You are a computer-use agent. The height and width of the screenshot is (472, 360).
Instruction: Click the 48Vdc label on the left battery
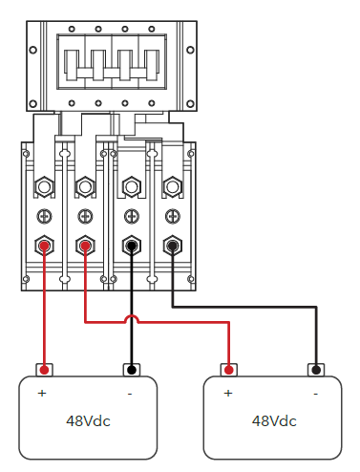pos(88,421)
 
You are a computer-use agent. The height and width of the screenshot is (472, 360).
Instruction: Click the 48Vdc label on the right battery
pos(274,421)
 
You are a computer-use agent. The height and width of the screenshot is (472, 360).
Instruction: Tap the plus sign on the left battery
pos(42,394)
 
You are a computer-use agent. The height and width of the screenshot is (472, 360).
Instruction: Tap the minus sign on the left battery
pos(130,395)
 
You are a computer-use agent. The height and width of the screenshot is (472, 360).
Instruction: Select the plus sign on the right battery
pos(228,394)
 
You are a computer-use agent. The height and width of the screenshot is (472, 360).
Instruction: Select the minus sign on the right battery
pos(316,395)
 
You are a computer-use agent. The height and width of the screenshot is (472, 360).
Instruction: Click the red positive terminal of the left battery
pos(45,370)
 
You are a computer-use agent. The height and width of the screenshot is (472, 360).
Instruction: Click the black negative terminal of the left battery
pos(132,370)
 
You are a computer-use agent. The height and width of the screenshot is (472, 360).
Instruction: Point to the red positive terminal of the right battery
pos(229,370)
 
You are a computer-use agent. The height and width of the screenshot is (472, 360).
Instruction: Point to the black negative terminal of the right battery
pos(316,370)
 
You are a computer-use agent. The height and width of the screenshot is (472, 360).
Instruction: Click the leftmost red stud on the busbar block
pos(44,246)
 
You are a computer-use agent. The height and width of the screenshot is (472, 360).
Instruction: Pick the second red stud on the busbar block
pos(85,246)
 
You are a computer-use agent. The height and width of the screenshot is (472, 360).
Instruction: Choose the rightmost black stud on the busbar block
pos(173,246)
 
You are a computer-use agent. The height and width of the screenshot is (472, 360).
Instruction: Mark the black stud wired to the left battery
pos(132,246)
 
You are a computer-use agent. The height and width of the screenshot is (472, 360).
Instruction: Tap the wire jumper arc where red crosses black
pos(132,316)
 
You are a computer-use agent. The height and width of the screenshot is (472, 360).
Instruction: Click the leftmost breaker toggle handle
pos(72,65)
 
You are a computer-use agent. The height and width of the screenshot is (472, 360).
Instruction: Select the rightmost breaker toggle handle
pos(152,65)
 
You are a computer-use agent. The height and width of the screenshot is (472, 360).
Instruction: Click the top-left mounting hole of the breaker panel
pos(32,50)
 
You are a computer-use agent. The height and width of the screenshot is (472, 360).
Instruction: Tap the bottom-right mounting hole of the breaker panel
pos(190,104)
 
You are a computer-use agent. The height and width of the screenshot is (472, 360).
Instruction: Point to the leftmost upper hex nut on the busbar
pos(44,187)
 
